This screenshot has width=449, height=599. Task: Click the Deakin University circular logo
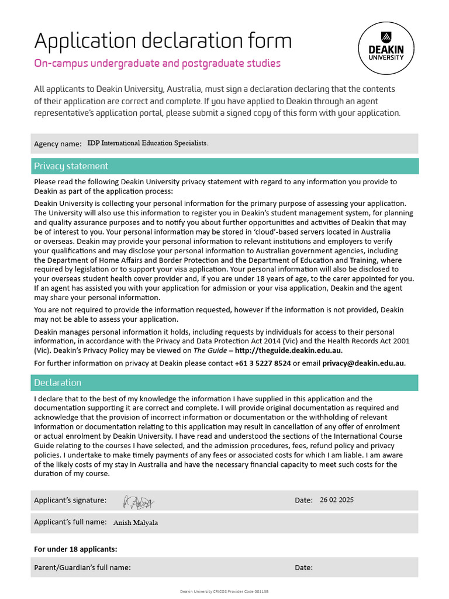click(x=386, y=49)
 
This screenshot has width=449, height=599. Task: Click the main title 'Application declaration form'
click(x=163, y=41)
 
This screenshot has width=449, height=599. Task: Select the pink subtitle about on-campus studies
click(x=157, y=63)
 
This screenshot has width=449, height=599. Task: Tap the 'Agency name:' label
click(x=58, y=144)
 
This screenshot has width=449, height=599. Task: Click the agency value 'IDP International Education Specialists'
click(x=147, y=143)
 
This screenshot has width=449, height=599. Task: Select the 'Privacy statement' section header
click(x=71, y=166)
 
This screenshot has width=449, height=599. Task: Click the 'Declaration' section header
click(x=57, y=383)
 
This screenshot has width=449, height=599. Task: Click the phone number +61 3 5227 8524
click(x=263, y=363)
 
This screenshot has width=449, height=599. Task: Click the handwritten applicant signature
click(x=138, y=501)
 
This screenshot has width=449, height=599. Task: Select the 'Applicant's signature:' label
click(x=70, y=500)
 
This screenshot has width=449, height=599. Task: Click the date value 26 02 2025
click(x=337, y=500)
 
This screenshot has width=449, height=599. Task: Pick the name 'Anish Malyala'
click(x=135, y=522)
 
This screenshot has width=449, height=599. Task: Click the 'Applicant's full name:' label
click(x=70, y=522)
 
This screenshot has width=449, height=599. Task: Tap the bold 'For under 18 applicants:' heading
click(x=75, y=549)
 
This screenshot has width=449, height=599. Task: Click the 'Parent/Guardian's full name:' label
click(x=82, y=567)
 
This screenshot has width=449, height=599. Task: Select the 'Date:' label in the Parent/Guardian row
click(x=303, y=567)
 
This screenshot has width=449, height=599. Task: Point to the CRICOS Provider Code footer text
click(x=224, y=592)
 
